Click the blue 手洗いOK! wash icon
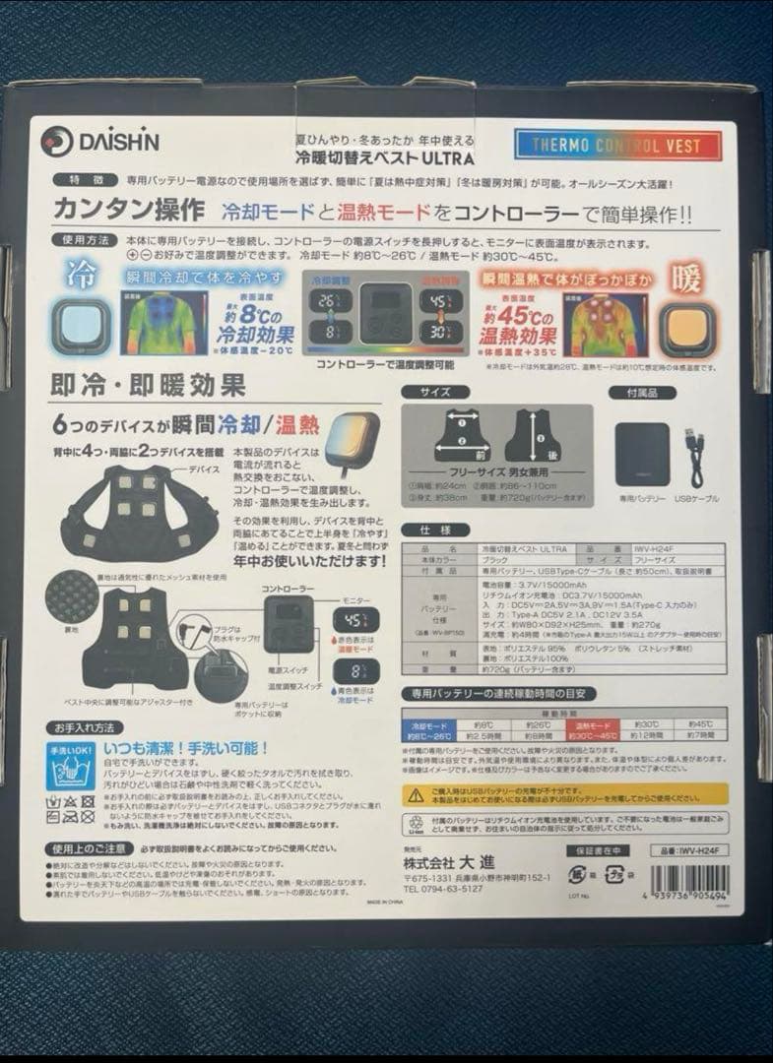pos(70,765)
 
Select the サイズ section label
pos(430,391)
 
